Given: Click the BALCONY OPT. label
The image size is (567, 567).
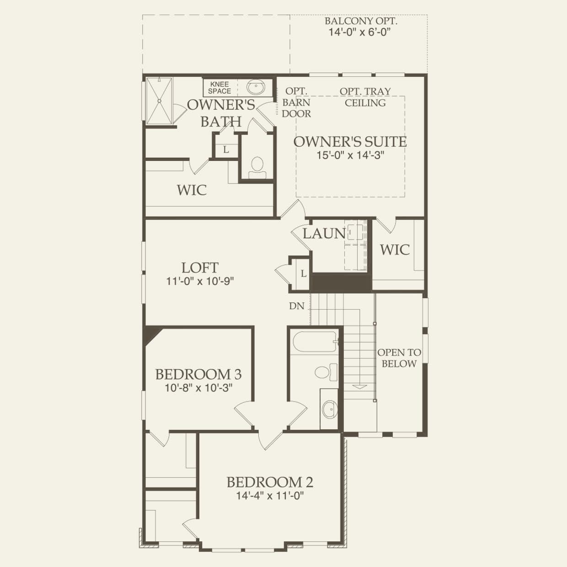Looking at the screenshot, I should tap(361, 21).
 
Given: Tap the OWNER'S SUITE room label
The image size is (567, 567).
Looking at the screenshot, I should tap(350, 142).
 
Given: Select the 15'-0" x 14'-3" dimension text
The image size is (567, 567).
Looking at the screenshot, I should tap(350, 155).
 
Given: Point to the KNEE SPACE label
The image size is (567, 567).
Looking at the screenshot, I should tap(219, 87).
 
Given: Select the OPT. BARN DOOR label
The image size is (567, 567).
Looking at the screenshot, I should tap(296, 102).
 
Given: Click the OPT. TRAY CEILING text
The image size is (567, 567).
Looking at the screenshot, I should tap(365, 97).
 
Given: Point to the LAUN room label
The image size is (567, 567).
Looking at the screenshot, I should tap(324, 234).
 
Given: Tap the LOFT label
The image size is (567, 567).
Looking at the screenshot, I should tap(200, 267).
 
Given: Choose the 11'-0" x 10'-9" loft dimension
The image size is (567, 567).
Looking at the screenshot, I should tap(200, 281).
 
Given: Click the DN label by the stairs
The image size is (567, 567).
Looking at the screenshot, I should tap(296, 306).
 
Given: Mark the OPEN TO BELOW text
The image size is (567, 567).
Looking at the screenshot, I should tap(399, 358).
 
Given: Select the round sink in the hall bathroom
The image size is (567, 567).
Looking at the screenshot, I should tap(329, 408).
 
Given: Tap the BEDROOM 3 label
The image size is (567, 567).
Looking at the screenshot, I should tap(198, 374).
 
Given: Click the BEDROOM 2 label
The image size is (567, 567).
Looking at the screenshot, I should tap(270, 482).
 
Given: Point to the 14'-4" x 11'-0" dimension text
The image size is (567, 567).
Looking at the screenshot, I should tap(270, 495).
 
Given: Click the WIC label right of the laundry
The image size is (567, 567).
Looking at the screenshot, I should tap(395, 250).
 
